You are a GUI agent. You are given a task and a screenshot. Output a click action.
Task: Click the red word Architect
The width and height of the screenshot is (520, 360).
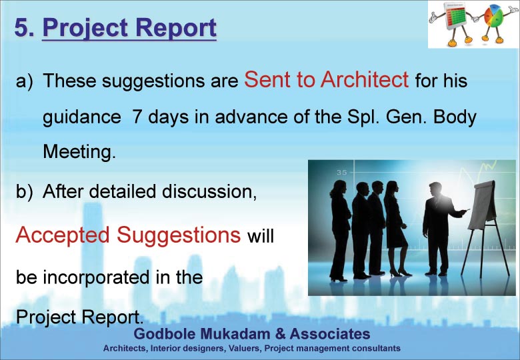coord(364,79)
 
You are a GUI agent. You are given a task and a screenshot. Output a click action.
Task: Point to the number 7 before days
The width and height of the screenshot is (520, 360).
coord(137,117)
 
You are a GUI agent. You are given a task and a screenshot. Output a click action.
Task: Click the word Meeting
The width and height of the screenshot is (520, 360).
coord(79,152)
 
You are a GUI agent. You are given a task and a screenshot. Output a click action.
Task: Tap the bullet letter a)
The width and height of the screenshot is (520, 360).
coord(25,81)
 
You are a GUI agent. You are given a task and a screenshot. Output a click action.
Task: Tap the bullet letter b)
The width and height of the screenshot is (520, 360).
coord(25,191)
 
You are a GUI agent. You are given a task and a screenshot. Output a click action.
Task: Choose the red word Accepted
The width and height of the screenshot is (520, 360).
coord(63,236)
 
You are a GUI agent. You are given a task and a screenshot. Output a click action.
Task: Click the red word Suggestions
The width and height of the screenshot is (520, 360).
coord(179,236)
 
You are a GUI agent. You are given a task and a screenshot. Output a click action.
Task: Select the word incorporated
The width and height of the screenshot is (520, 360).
coord(96,277)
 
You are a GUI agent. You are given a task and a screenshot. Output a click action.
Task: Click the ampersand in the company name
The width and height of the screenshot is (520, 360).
coord(280,333)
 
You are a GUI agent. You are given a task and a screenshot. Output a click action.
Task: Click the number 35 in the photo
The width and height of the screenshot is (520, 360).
coord(341,173)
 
